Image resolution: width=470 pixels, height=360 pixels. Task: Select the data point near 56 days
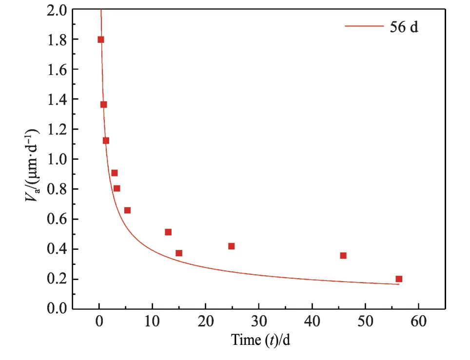(399, 279)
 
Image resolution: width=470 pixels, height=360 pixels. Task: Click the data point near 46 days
(343, 255)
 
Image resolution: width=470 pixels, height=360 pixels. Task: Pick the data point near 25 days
(231, 246)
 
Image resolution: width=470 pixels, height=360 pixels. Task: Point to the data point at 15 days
(179, 253)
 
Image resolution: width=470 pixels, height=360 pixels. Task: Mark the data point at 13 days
(168, 232)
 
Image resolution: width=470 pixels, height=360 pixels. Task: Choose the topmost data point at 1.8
(101, 39)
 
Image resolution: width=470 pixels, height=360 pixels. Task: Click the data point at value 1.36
(103, 104)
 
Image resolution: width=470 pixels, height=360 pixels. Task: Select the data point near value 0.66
(127, 210)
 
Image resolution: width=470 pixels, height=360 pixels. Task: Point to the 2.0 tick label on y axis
(57, 10)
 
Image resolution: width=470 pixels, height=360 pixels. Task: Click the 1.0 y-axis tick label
(57, 159)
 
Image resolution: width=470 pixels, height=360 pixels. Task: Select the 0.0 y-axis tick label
(57, 309)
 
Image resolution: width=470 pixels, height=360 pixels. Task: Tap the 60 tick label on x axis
(418, 322)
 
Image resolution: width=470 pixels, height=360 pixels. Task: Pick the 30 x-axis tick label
(258, 322)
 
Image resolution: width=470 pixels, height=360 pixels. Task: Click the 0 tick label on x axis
(99, 322)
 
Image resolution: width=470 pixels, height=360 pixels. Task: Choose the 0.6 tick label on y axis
(57, 219)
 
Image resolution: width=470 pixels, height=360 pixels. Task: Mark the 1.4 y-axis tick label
(57, 99)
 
